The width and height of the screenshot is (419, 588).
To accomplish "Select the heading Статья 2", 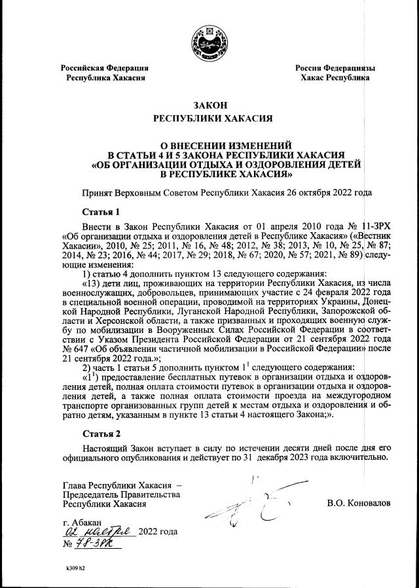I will tap(101, 434).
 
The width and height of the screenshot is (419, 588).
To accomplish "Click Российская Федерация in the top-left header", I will tap(105, 67).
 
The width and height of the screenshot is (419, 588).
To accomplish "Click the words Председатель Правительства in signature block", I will tap(121, 494).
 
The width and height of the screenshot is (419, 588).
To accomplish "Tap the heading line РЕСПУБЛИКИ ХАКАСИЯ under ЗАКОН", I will tap(209, 119).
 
